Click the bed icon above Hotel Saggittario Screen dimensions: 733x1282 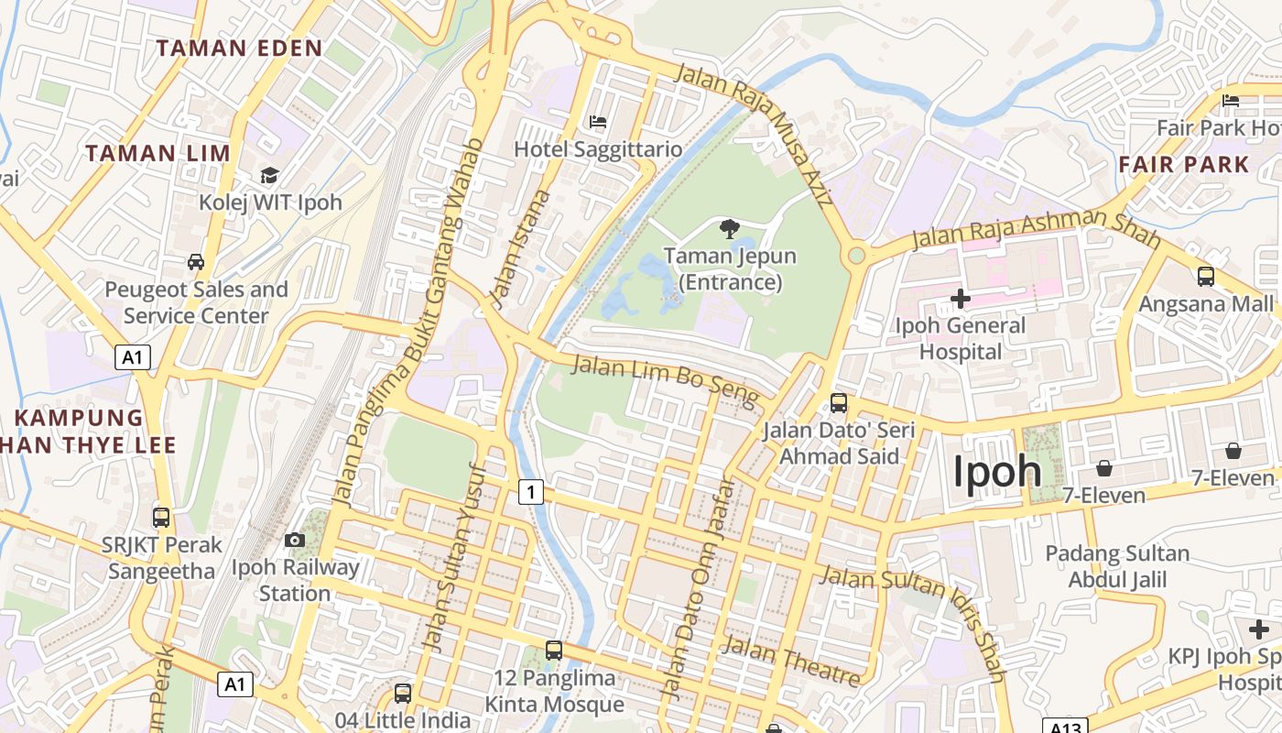(598, 121)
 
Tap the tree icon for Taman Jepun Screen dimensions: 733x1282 (730, 228)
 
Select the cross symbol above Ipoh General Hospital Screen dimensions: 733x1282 (961, 298)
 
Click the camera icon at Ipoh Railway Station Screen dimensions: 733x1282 (294, 540)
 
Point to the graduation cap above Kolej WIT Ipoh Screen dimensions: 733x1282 (269, 175)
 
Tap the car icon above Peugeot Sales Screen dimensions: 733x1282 (196, 262)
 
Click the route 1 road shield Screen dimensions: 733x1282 (530, 492)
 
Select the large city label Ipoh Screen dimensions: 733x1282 (997, 472)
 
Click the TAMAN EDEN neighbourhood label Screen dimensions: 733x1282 (239, 49)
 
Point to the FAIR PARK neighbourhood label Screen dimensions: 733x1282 (1184, 165)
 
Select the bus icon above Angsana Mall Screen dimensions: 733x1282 (1206, 276)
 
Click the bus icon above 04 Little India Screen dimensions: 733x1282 (403, 693)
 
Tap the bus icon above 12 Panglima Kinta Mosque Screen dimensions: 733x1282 (554, 651)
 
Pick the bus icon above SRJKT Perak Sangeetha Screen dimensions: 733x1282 (161, 517)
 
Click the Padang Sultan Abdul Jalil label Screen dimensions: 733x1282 (1117, 566)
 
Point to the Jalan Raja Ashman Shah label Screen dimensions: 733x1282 (1036, 229)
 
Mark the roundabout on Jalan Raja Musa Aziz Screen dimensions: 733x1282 (856, 255)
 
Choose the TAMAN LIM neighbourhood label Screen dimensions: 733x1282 (158, 153)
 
